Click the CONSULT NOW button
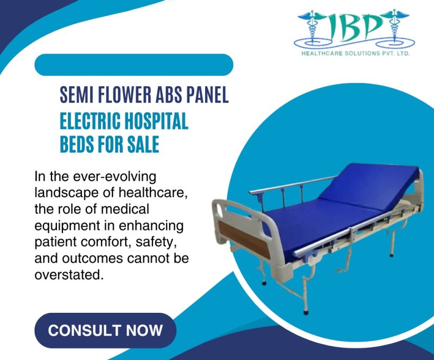pos(105,330)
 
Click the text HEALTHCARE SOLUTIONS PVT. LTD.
pos(355,54)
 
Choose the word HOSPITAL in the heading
pos(157,121)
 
